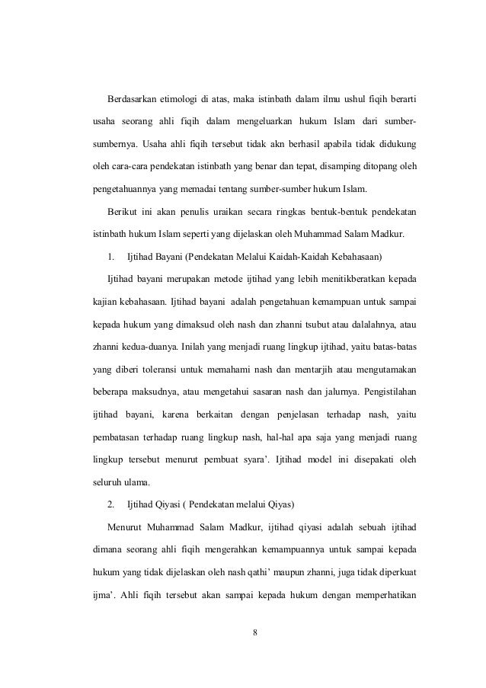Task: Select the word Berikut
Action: point(123,207)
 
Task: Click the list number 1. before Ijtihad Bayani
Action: point(111,249)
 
